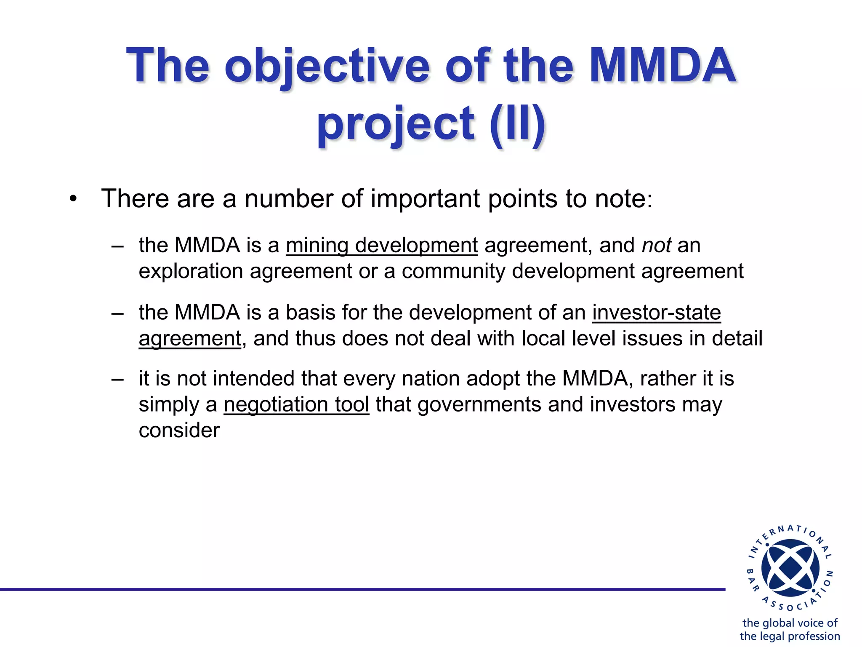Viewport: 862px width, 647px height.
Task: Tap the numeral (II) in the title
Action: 517,124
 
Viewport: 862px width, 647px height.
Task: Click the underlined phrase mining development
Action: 382,246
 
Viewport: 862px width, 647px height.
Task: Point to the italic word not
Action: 656,246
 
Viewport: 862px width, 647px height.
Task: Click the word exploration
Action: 191,271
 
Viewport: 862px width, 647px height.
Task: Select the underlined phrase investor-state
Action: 656,313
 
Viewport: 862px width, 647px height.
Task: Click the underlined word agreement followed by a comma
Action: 190,339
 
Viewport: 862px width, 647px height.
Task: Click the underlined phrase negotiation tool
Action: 296,405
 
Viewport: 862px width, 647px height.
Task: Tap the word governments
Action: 479,405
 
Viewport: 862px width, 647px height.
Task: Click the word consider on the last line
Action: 179,430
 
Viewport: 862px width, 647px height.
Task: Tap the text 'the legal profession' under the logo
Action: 790,636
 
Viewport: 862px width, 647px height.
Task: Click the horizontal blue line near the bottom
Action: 362,589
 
